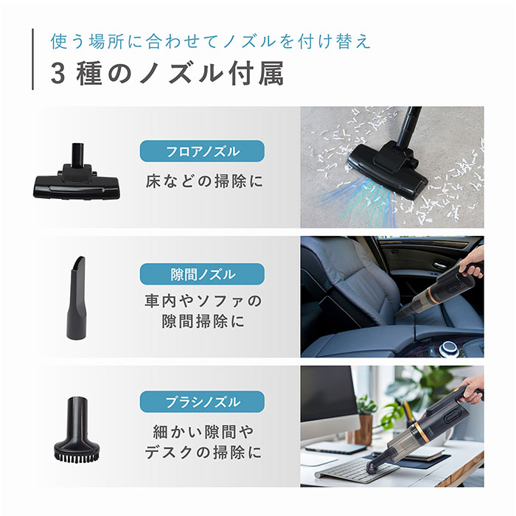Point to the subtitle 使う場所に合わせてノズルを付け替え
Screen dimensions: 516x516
pos(210,40)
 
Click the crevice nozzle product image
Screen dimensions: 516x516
pos(79,298)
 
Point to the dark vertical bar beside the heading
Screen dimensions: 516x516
pos(33,59)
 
